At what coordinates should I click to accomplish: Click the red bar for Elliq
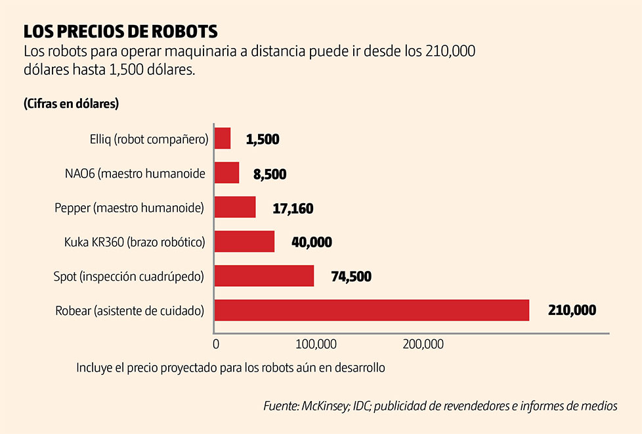point(223,139)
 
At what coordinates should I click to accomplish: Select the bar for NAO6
point(227,173)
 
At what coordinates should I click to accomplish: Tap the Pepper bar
point(235,208)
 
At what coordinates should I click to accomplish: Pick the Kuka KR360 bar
point(245,241)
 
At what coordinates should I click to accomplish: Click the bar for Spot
point(265,276)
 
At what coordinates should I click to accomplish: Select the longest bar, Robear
point(372,310)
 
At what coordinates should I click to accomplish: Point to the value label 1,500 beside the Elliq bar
point(263,139)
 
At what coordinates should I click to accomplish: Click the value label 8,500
point(270,174)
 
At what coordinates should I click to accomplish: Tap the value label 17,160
point(293,209)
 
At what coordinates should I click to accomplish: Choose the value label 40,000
point(312,243)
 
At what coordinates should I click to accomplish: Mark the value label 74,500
point(351,277)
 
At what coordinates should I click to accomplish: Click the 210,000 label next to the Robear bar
point(572,310)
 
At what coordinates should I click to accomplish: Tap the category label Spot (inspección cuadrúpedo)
point(129,277)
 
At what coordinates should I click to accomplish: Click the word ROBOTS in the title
point(184,31)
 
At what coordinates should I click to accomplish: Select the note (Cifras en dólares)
point(70,103)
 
